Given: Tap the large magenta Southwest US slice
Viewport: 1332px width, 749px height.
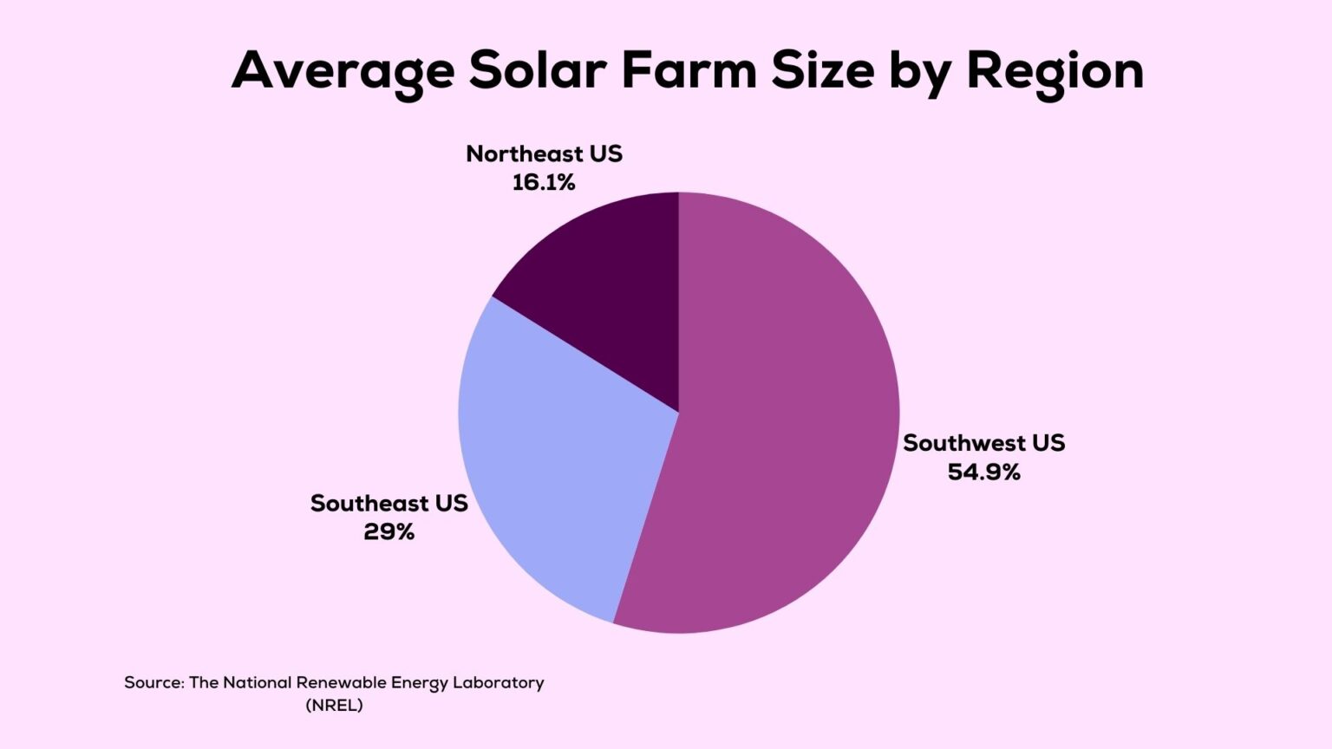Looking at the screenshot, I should tap(772, 433).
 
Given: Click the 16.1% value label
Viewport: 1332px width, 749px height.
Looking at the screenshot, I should tap(544, 183).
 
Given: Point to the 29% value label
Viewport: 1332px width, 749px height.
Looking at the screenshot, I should tap(388, 532).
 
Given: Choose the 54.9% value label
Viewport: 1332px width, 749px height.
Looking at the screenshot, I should tap(983, 472).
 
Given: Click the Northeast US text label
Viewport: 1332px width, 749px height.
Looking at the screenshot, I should tap(544, 153).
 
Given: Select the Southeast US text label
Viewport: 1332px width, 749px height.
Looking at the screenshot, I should tap(388, 504).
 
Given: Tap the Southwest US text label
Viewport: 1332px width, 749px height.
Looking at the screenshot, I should tap(983, 443).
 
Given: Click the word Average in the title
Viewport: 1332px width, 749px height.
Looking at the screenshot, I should tap(343, 71).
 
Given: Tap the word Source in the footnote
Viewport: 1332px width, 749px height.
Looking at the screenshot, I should tap(153, 683).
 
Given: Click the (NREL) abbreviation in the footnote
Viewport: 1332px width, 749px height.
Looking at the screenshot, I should tap(334, 706).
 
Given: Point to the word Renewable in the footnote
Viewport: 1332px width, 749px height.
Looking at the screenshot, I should tap(341, 683).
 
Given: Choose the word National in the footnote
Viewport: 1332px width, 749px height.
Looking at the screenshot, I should tap(257, 683).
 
